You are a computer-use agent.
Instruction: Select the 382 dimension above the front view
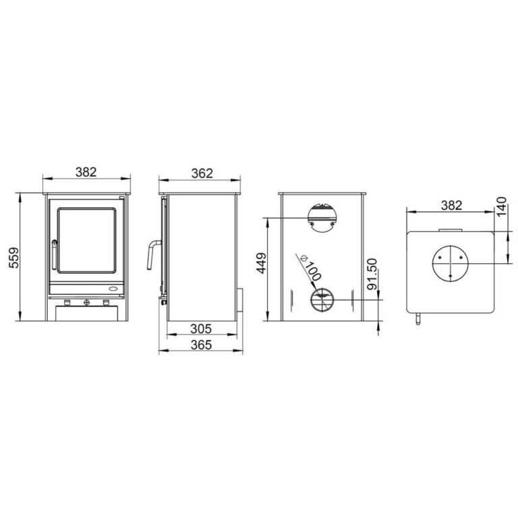pyautogui.click(x=86, y=171)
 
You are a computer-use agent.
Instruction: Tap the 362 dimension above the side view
pyautogui.click(x=200, y=173)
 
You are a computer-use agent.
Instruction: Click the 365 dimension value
pyautogui.click(x=200, y=345)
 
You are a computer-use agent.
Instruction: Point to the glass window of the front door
pyautogui.click(x=86, y=239)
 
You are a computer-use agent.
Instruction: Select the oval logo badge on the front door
pyautogui.click(x=111, y=288)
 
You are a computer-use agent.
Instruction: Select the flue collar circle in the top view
pyautogui.click(x=450, y=262)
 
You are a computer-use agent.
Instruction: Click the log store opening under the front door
pyautogui.click(x=86, y=314)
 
